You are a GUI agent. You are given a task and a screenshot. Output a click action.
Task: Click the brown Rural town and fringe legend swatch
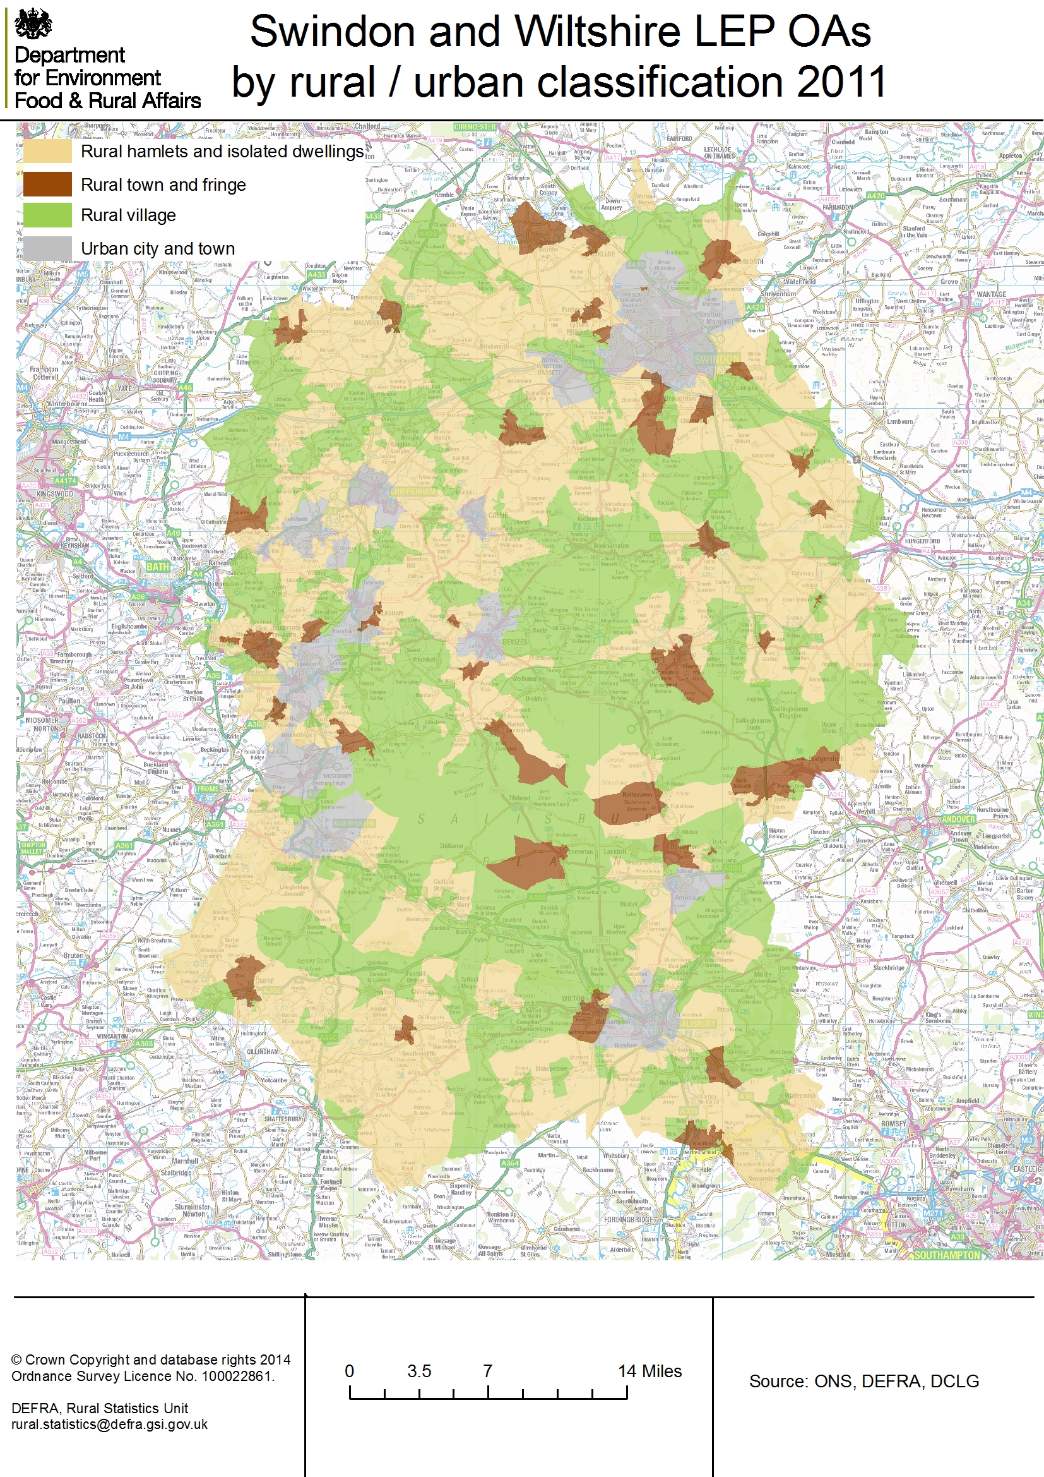tap(47, 184)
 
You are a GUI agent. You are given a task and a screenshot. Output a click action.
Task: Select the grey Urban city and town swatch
tap(47, 248)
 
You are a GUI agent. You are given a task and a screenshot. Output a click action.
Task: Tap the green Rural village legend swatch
tap(47, 215)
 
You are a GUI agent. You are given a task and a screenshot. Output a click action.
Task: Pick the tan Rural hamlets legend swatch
tap(47, 151)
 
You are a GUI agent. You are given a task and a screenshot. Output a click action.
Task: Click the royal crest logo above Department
tap(33, 23)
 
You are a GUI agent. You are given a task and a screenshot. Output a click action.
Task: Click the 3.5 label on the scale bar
tap(418, 1371)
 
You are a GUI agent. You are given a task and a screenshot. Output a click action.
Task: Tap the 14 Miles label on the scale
tap(650, 1371)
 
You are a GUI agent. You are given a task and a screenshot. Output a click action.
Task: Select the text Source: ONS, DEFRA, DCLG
tap(863, 1381)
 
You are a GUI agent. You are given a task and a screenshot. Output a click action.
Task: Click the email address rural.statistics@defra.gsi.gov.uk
tap(109, 1423)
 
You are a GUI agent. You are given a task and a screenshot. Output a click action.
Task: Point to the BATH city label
tap(158, 567)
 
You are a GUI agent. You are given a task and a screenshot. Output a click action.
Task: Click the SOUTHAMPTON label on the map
tap(946, 1255)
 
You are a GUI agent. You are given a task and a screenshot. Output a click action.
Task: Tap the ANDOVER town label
tap(959, 819)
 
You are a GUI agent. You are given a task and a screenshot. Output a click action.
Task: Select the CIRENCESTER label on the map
tap(475, 127)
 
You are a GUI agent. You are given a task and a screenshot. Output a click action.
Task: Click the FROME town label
tap(208, 788)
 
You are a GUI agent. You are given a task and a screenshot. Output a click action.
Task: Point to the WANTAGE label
tap(990, 294)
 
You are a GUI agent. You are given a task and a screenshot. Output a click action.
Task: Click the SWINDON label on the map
tap(717, 358)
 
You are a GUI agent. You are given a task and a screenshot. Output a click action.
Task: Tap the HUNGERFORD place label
tap(922, 541)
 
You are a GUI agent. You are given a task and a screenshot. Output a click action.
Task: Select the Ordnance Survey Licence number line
tap(143, 1376)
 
